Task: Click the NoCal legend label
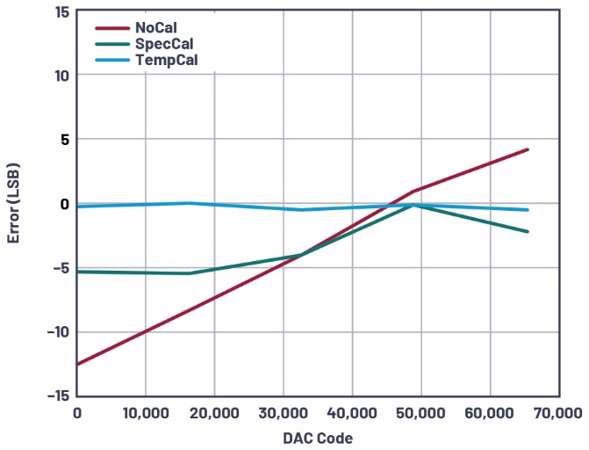click(x=156, y=28)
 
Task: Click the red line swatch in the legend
click(x=111, y=28)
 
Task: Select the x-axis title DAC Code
click(x=318, y=437)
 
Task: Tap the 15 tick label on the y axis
click(x=61, y=11)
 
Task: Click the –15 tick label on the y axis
click(x=58, y=396)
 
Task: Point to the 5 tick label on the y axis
click(x=64, y=139)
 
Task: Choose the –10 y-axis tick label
click(x=58, y=331)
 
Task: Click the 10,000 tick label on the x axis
click(x=146, y=412)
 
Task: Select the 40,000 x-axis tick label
click(x=352, y=412)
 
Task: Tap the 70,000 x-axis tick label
click(x=558, y=412)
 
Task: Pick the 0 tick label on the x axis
click(x=77, y=412)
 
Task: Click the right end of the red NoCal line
click(x=528, y=149)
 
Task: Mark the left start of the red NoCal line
click(x=78, y=364)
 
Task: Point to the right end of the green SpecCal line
click(x=528, y=232)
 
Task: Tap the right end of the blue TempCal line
click(x=528, y=210)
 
